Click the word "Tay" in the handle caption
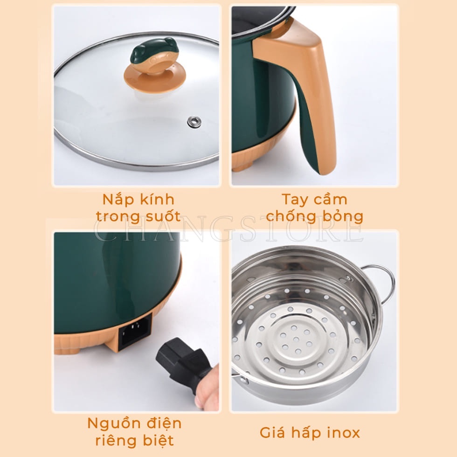pyautogui.click(x=295, y=200)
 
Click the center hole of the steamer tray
pyautogui.click(x=297, y=339)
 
